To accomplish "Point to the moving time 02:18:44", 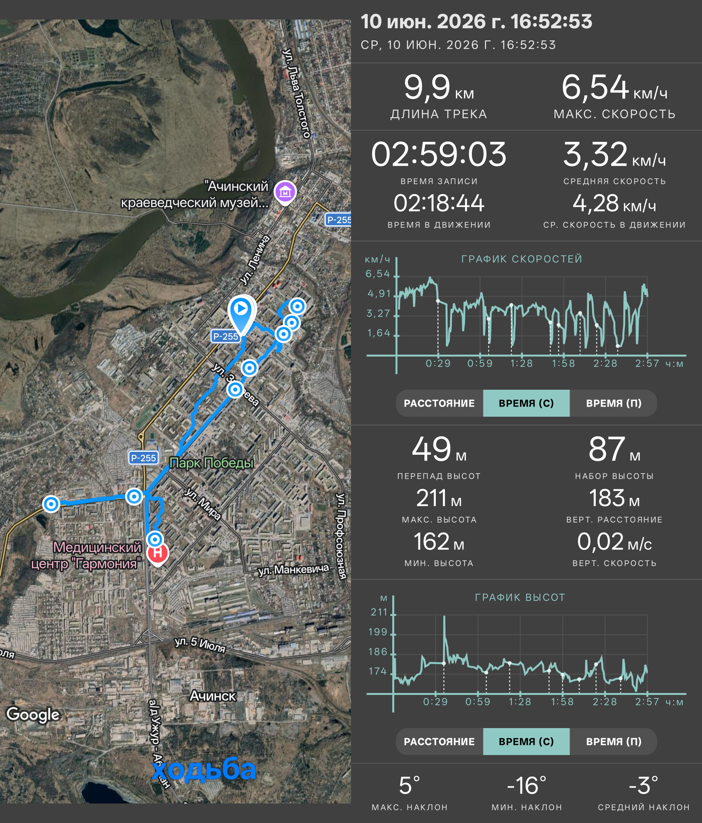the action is click(439, 203).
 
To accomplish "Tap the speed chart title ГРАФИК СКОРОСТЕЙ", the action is click(522, 259).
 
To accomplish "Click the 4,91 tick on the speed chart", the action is click(379, 294).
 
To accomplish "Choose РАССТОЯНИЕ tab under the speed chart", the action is click(439, 403).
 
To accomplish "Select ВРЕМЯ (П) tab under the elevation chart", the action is click(614, 741).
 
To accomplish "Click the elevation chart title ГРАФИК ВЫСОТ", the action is click(520, 597).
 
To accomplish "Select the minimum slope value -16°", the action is click(526, 786).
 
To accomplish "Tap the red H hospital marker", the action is click(158, 553).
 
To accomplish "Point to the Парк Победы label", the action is click(211, 463).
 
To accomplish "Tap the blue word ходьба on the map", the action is click(204, 769).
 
